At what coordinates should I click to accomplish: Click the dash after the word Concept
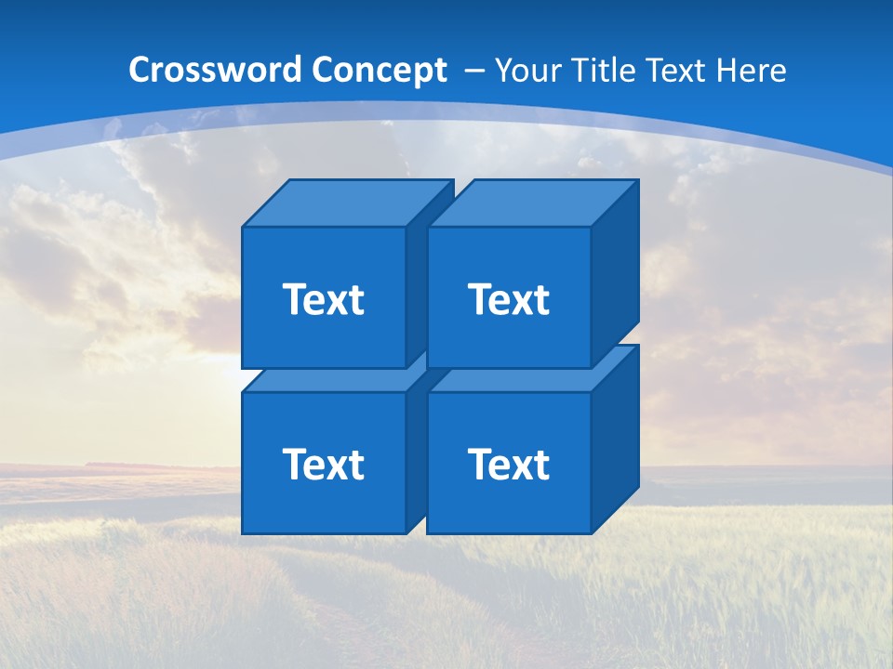click(473, 71)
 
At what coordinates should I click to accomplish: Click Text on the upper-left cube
click(323, 299)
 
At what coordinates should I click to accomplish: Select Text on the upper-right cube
click(508, 299)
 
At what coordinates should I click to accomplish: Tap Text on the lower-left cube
click(323, 464)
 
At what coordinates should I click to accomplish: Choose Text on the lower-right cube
click(508, 464)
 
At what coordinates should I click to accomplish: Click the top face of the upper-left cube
click(347, 203)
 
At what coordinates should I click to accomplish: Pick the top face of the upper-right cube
click(532, 203)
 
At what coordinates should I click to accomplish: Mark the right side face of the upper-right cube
click(615, 274)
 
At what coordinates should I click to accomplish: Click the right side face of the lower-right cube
click(615, 439)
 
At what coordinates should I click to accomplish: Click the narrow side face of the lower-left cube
click(416, 455)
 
